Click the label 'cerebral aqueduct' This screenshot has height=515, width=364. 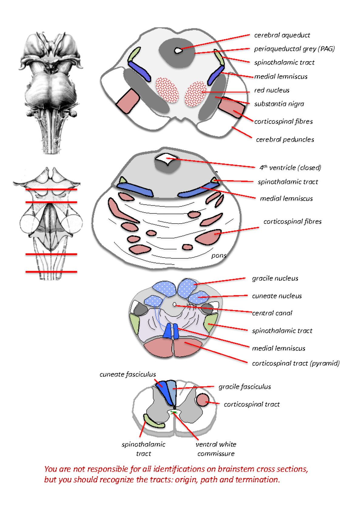pyautogui.click(x=282, y=35)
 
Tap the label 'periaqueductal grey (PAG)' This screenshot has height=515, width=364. pyautogui.click(x=294, y=49)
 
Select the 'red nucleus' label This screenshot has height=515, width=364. pyautogui.click(x=271, y=90)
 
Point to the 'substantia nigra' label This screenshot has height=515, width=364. pyautogui.click(x=279, y=104)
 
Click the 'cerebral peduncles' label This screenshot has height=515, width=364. pyautogui.click(x=285, y=140)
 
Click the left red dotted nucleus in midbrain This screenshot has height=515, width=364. pyautogui.click(x=167, y=90)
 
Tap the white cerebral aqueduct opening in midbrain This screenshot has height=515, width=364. pyautogui.click(x=178, y=50)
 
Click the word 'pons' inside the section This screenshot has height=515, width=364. pyautogui.click(x=219, y=255)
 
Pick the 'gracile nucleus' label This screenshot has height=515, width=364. pyautogui.click(x=275, y=278)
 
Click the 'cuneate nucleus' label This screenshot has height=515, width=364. pyautogui.click(x=277, y=296)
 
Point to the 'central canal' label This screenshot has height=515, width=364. pyautogui.click(x=272, y=313)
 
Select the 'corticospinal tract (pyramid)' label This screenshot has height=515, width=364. pyautogui.click(x=295, y=363)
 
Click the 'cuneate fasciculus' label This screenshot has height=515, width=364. pyautogui.click(x=127, y=374)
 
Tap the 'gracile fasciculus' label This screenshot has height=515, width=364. pyautogui.click(x=244, y=387)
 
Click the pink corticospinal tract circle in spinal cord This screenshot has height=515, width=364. pyautogui.click(x=202, y=400)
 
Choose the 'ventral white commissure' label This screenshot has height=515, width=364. pyautogui.click(x=216, y=449)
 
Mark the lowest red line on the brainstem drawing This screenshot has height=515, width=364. pyautogui.click(x=51, y=272)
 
